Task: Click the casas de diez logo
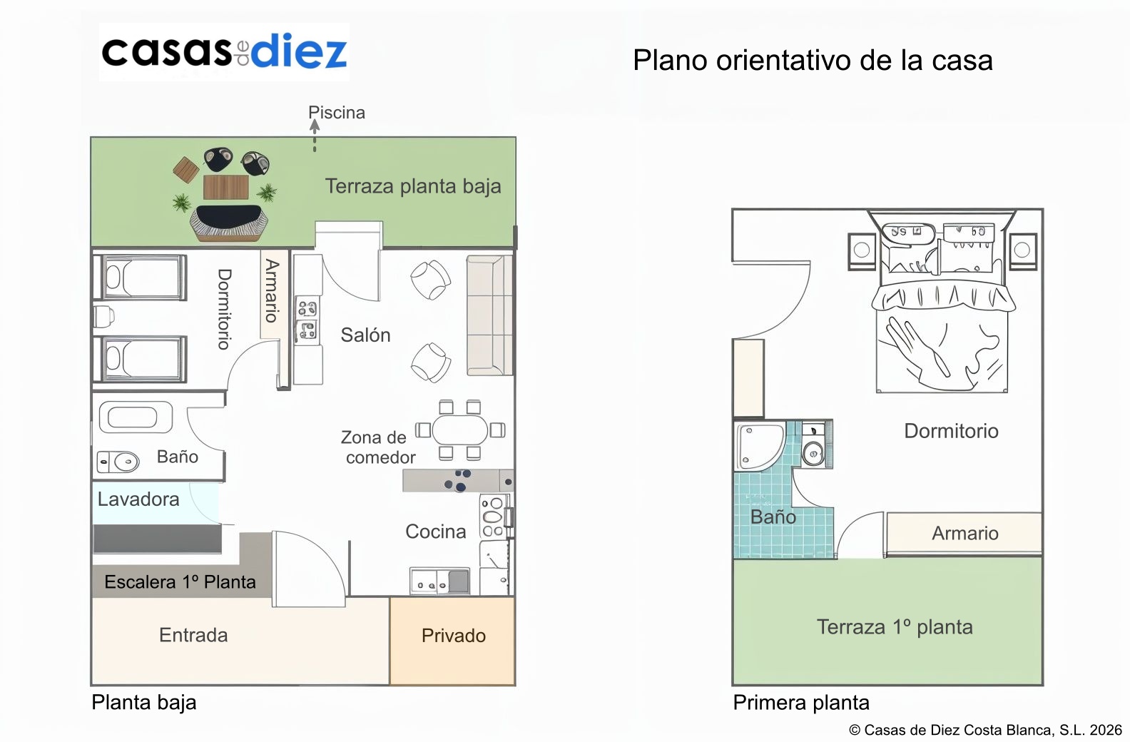click(224, 51)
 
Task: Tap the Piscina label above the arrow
click(337, 113)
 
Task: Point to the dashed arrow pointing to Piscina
click(315, 136)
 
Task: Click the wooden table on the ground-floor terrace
click(225, 187)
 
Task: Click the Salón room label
click(365, 335)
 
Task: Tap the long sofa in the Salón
click(489, 315)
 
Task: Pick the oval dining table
click(459, 430)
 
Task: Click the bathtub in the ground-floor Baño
click(136, 417)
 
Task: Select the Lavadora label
click(138, 499)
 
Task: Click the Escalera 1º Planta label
click(180, 582)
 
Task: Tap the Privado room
click(452, 641)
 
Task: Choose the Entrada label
click(193, 635)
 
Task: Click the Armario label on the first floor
click(965, 533)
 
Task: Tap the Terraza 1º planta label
click(895, 627)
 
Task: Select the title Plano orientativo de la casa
click(813, 61)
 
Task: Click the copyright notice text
click(985, 730)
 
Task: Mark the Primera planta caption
click(801, 703)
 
